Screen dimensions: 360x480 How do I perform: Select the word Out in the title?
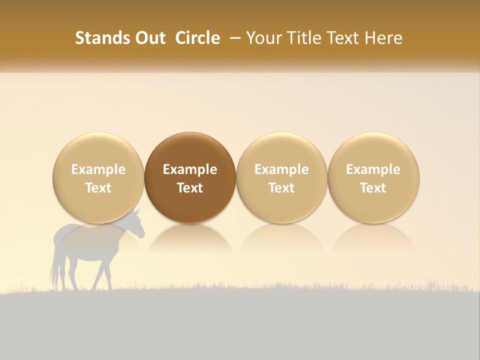pos(149,38)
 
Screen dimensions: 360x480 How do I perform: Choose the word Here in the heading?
pos(383,38)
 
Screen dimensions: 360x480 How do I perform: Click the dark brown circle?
pos(190,177)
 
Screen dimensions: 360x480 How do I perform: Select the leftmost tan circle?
pos(98,177)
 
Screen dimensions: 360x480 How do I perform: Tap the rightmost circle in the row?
pos(373,177)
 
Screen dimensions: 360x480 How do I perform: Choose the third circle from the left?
pos(281,177)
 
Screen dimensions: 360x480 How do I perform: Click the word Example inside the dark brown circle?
pos(190,169)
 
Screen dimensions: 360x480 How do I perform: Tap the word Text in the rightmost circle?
pos(373,188)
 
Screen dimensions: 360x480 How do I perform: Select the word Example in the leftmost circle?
pos(98,169)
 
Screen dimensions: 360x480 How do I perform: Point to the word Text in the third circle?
pos(281,188)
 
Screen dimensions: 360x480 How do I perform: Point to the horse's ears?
pos(135,211)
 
